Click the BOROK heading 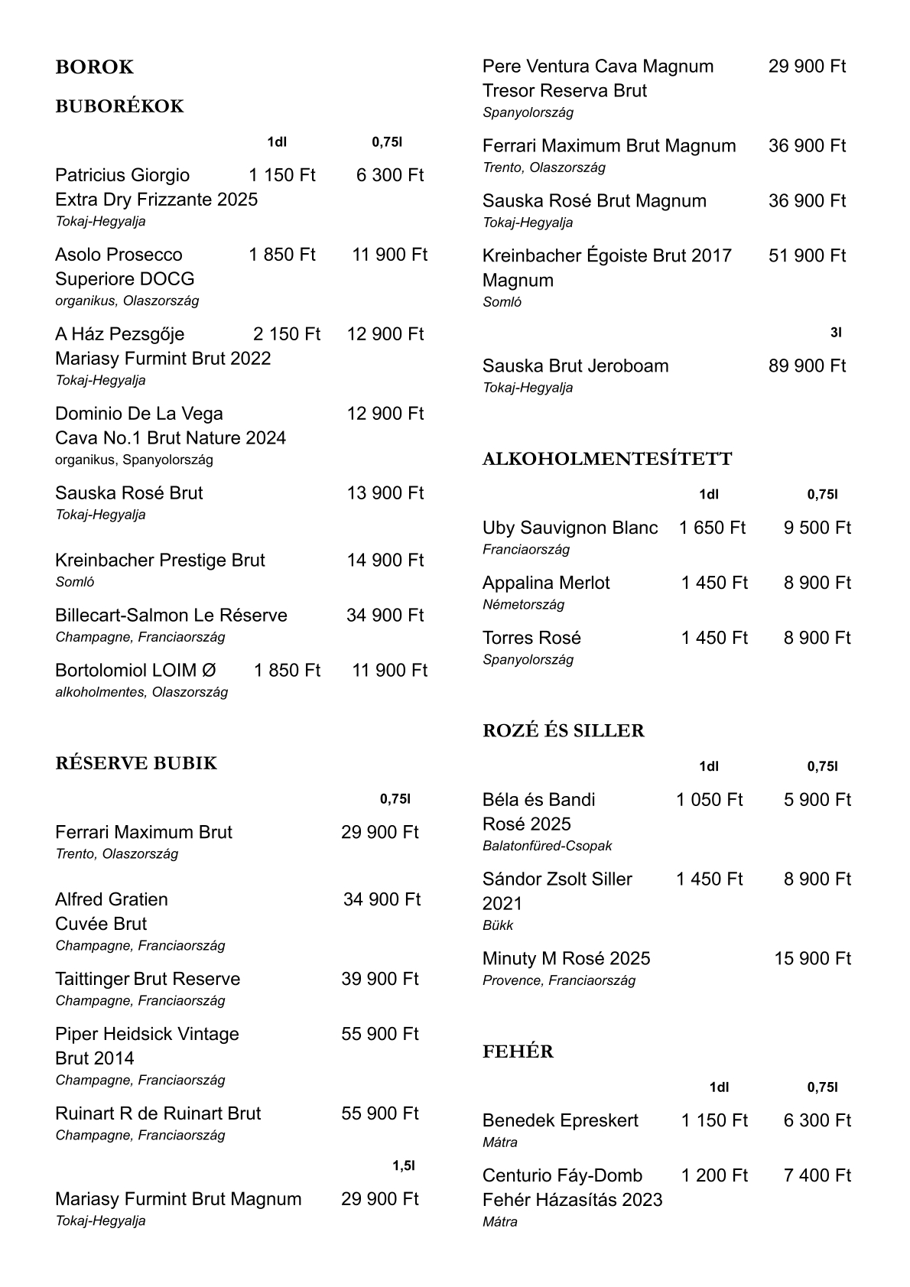94,67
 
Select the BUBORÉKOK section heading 119,106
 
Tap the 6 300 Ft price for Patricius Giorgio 389,175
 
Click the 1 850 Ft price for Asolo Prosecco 281,255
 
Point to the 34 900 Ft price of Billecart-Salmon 385,616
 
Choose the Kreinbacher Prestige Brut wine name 160,561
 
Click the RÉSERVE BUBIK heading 136,764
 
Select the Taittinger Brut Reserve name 148,980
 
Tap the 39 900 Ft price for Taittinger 380,980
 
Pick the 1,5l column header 403,1166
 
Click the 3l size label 836,333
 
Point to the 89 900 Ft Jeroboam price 807,366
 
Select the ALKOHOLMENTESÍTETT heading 607,460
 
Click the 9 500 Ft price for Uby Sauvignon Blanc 817,528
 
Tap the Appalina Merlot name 546,583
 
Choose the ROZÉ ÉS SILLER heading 564,731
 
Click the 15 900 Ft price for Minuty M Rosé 812,959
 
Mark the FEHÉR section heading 518,1052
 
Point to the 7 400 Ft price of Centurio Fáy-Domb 817,1176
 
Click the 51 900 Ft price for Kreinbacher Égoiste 807,256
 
